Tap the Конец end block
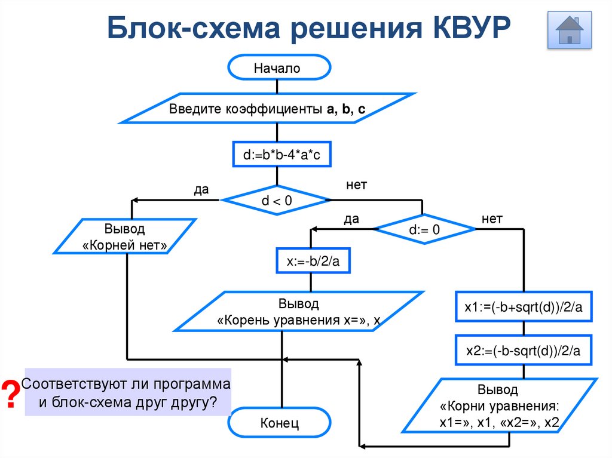coord(279,423)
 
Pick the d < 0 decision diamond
coord(276,201)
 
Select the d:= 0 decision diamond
coord(424,230)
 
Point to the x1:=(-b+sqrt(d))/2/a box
coord(524,307)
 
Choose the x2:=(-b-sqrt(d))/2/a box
coord(524,352)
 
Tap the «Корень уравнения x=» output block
coord(299,312)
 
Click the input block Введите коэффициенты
coord(267,109)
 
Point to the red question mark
coord(10,394)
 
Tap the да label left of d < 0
coord(201,189)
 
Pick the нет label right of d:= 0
coord(492,219)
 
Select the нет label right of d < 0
coord(356,185)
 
